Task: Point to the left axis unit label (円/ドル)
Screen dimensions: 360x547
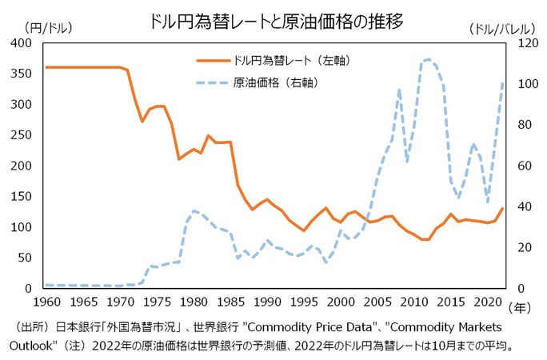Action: (x=49, y=28)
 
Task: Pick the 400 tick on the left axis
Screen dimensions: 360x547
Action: (x=22, y=43)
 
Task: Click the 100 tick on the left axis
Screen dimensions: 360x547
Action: (x=22, y=227)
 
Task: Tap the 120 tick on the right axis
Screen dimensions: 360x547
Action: (x=525, y=43)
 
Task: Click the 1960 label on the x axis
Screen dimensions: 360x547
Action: (x=46, y=302)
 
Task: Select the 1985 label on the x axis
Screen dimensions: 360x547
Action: (x=230, y=302)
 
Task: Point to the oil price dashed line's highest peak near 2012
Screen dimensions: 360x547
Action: (x=428, y=59)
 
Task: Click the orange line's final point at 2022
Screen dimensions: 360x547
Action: (x=502, y=209)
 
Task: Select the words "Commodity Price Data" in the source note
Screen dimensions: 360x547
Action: (x=308, y=327)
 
